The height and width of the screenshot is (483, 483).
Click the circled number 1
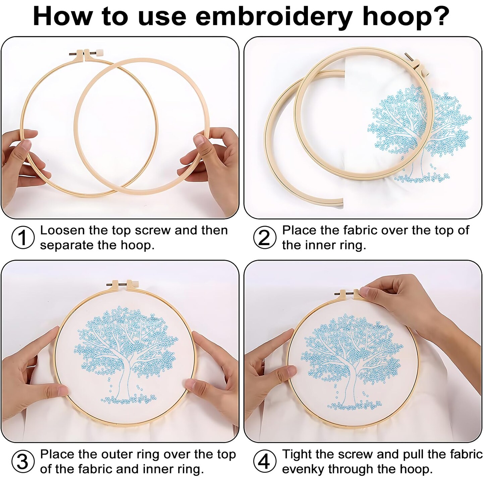pos(23,237)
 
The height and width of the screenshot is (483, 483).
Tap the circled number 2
pos(265,237)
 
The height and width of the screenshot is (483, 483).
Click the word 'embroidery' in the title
pos(272,17)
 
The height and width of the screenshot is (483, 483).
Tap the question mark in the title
pos(440,15)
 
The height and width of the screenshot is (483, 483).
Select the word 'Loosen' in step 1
pos(62,230)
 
